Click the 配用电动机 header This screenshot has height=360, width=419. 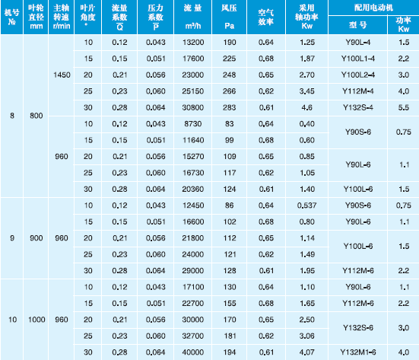pos(373,8)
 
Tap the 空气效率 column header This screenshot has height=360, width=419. pos(266,17)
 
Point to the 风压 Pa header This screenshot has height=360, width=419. pos(230,17)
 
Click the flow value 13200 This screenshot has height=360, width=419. pos(193,43)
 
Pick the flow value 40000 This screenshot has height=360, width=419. pos(193,352)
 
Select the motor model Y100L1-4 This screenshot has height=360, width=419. pos(358,59)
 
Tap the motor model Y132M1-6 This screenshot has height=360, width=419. pos(358,352)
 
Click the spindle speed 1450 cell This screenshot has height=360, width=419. pos(62,75)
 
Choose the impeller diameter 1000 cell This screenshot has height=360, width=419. pos(37,320)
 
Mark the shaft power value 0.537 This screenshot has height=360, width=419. pos(306,205)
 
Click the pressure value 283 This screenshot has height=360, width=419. pos(230,107)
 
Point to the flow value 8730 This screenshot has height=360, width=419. pos(193,124)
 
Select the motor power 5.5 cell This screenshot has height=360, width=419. pos(404,107)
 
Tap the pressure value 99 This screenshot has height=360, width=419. pos(230,140)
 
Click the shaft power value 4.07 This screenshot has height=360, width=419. pos(306,352)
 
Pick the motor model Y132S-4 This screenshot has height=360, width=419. pos(358,107)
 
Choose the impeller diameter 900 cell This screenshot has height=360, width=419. pos(37,238)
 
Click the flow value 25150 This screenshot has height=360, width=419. pos(193,91)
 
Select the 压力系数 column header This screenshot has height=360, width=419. pos(156,17)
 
